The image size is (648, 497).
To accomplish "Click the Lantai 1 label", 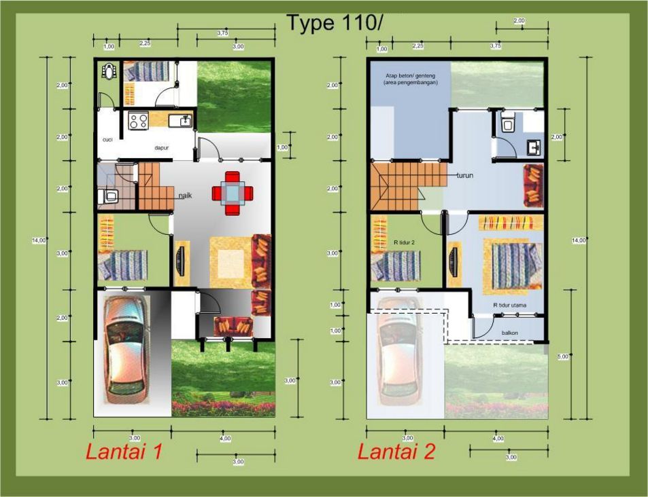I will coord(124,452).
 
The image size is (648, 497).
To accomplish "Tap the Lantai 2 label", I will coord(396,452).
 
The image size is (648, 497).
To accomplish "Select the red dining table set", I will coord(233,193).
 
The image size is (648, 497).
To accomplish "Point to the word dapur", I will coord(161,147).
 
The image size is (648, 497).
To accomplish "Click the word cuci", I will coord(107,140).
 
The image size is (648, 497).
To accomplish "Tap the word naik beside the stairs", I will coord(185,196).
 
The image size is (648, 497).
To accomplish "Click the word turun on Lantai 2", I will coord(465,174).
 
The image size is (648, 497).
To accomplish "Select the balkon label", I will coord(510,333).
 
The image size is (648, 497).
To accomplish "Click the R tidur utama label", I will coord(510,305).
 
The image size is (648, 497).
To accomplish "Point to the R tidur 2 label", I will coord(404,242).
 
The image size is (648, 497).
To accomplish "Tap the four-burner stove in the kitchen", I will coord(139,122).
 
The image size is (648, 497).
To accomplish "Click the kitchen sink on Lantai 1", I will coord(182,122).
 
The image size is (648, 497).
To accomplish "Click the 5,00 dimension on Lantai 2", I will coord(562,356).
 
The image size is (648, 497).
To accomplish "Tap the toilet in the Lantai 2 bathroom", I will coord(505,122).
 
